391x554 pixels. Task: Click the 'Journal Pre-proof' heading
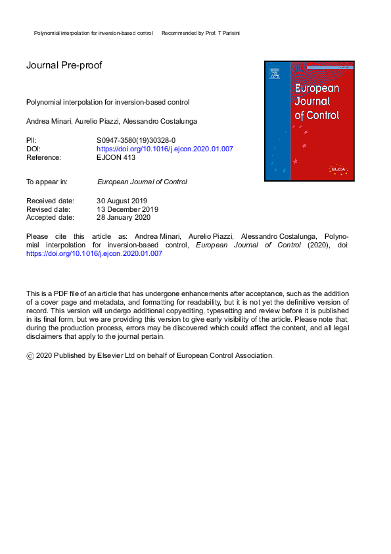click(64, 65)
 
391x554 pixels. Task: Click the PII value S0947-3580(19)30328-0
click(136, 140)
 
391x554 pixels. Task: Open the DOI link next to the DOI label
click(165, 149)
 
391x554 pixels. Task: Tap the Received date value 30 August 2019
click(122, 201)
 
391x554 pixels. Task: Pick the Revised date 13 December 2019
click(127, 209)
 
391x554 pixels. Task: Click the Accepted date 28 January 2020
click(124, 217)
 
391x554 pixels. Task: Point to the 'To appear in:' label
click(47, 182)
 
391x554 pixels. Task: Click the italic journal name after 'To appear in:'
click(142, 182)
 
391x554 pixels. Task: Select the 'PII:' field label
click(32, 140)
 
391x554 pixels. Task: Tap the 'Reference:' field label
click(43, 157)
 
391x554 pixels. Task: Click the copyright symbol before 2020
click(30, 356)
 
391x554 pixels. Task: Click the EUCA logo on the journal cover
click(338, 170)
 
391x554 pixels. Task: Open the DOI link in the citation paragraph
click(94, 253)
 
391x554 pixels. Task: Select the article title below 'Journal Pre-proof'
click(108, 103)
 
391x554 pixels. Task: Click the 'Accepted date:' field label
click(50, 217)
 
